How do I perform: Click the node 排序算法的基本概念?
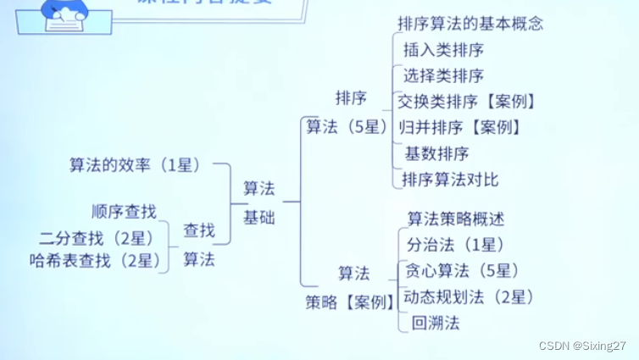(470, 24)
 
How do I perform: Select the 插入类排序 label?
(444, 49)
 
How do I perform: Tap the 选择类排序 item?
(444, 75)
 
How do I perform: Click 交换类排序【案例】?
(467, 101)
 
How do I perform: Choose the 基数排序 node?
(436, 154)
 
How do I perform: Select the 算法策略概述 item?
(456, 219)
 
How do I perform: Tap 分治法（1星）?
(456, 245)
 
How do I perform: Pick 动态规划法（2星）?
(468, 296)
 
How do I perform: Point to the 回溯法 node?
(435, 323)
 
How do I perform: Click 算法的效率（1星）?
(135, 165)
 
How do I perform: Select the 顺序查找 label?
(124, 211)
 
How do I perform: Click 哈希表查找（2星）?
(94, 261)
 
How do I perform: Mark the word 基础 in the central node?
(258, 216)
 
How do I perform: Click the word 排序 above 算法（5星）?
(351, 98)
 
